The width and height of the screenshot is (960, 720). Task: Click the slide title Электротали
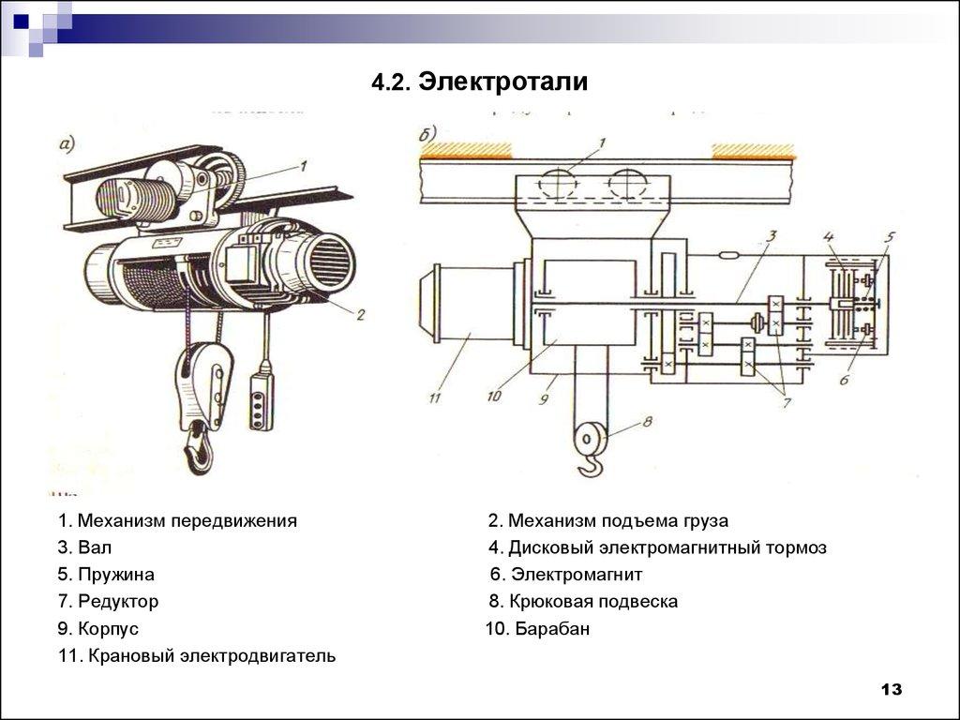tap(503, 82)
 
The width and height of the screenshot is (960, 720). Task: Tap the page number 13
tap(891, 690)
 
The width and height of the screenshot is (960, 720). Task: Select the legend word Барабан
tap(552, 629)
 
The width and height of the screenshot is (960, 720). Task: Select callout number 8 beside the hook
tap(644, 423)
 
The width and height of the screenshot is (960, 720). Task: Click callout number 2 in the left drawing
tap(359, 315)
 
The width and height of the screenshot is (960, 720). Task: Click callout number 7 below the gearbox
tap(786, 403)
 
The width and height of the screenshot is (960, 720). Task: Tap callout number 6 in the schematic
tap(844, 379)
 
